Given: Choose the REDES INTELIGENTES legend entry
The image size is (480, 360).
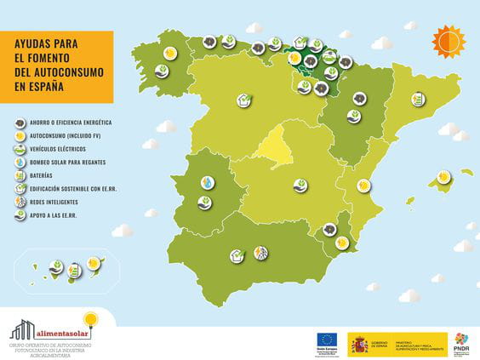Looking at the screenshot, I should click(54, 202).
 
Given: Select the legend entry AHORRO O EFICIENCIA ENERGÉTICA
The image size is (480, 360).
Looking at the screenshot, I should click(76, 123).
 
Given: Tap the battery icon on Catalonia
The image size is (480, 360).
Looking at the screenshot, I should click(417, 100).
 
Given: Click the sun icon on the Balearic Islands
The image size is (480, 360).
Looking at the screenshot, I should click(442, 177).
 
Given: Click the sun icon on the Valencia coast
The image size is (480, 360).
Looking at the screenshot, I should click(363, 186).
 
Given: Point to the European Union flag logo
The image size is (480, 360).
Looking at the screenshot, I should click(326, 341).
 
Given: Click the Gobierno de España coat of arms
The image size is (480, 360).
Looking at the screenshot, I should click(360, 343).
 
